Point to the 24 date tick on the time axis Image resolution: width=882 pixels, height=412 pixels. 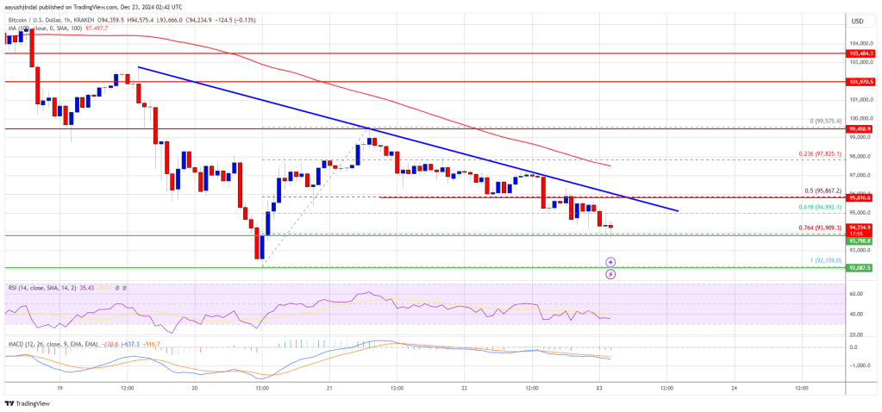733,388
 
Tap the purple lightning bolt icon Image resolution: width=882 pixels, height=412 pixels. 610,274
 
